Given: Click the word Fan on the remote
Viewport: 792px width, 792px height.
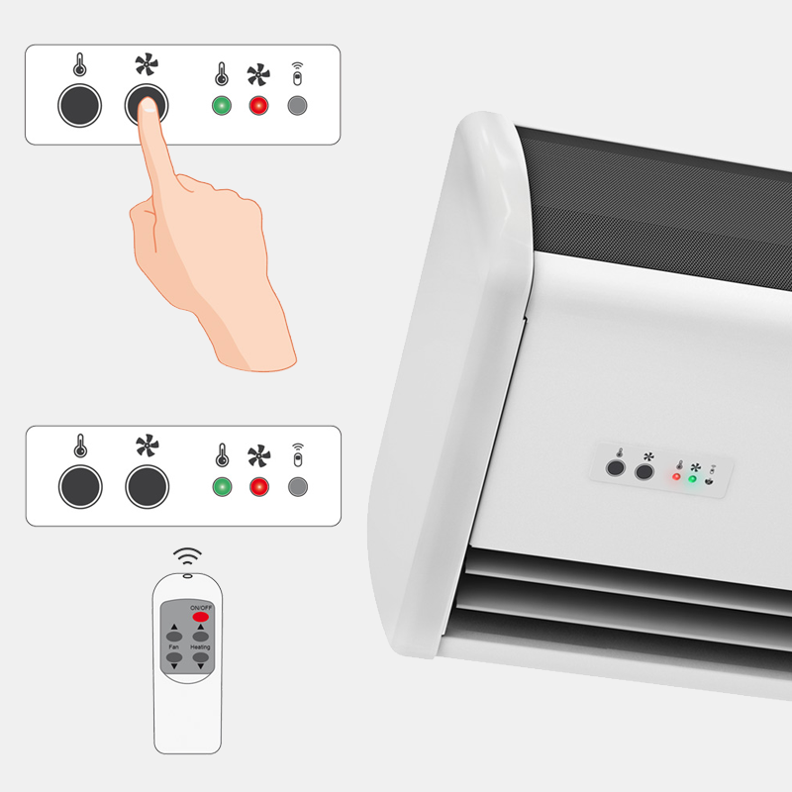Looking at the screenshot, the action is [174, 646].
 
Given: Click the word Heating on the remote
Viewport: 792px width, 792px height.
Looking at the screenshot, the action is [200, 646].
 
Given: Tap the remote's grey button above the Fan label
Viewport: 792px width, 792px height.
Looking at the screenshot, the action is [174, 636].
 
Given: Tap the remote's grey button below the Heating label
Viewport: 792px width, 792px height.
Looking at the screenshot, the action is [201, 657].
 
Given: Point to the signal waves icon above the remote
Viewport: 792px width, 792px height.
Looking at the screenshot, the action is [187, 555].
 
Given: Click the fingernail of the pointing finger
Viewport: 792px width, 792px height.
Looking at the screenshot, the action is [148, 105].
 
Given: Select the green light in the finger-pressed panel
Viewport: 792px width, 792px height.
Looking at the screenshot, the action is [222, 106].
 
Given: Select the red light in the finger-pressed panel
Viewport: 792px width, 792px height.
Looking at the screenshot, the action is [258, 106].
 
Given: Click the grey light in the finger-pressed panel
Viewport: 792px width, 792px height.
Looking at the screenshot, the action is [297, 106].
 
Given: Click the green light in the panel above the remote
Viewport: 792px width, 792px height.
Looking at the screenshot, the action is [222, 487].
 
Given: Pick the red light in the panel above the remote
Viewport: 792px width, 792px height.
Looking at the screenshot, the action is [259, 487].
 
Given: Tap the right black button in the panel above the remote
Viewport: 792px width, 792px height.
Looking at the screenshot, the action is [147, 487].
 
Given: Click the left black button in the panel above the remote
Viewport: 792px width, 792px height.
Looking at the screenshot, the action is [80, 487].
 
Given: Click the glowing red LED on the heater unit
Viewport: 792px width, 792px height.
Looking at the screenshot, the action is [676, 476].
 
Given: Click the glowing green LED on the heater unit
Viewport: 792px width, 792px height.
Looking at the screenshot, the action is [692, 479].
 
